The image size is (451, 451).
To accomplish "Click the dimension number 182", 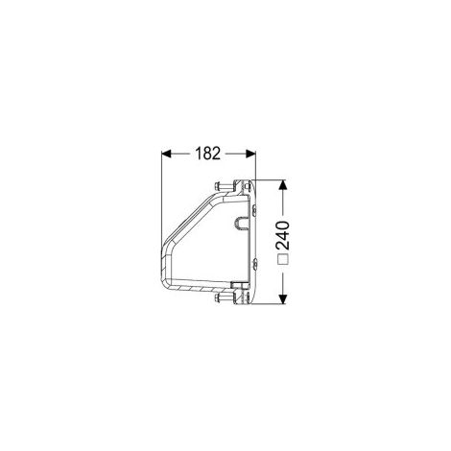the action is tap(208, 154).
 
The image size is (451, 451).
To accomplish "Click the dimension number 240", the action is tap(283, 235).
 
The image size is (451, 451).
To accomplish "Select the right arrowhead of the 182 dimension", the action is tap(250, 154).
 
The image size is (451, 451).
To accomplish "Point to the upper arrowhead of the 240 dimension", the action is tap(282, 185).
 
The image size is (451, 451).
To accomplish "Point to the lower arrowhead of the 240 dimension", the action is tap(282, 298).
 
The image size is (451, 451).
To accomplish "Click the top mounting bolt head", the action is tap(217, 185).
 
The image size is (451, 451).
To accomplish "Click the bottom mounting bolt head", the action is tap(217, 298).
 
